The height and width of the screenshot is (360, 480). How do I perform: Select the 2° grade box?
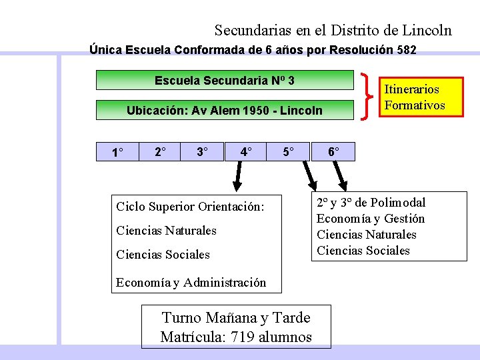(x=161, y=152)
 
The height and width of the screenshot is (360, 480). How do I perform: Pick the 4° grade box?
(x=246, y=152)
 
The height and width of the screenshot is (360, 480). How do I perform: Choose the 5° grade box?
(x=289, y=152)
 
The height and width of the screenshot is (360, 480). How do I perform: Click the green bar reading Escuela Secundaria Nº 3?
(x=225, y=81)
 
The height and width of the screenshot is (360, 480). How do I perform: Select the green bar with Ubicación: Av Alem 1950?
(x=225, y=110)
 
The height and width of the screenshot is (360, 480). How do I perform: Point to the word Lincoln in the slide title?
(x=427, y=30)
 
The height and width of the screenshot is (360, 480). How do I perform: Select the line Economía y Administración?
(x=191, y=283)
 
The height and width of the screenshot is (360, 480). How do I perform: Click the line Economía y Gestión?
(x=371, y=219)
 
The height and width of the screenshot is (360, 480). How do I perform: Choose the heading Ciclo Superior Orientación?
(x=190, y=207)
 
